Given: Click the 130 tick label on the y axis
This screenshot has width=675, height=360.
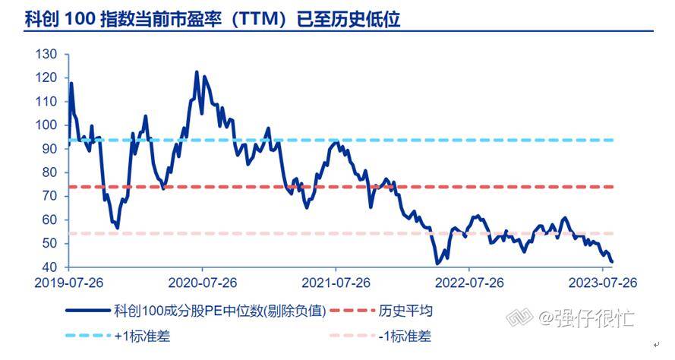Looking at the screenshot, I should (x=47, y=55).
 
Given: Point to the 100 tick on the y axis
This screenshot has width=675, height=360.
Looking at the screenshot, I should (x=47, y=125).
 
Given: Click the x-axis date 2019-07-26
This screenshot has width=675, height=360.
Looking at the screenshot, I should (x=69, y=283).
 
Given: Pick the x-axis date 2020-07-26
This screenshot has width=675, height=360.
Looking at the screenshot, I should (x=202, y=283).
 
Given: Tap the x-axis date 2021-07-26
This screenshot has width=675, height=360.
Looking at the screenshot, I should (x=336, y=283).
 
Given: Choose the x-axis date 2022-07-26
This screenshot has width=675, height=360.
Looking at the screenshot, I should (x=469, y=283).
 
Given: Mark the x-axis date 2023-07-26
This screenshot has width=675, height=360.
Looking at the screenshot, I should (x=602, y=283).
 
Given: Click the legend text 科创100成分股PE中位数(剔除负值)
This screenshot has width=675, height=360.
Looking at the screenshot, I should (x=219, y=311).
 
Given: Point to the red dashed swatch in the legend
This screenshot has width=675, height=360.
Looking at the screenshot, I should (x=350, y=311).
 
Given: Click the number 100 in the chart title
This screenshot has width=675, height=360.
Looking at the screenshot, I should (x=79, y=18).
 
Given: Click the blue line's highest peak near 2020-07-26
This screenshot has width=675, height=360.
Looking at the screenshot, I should (x=197, y=72).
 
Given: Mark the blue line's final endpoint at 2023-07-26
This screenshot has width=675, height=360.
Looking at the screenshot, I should (x=612, y=262).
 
